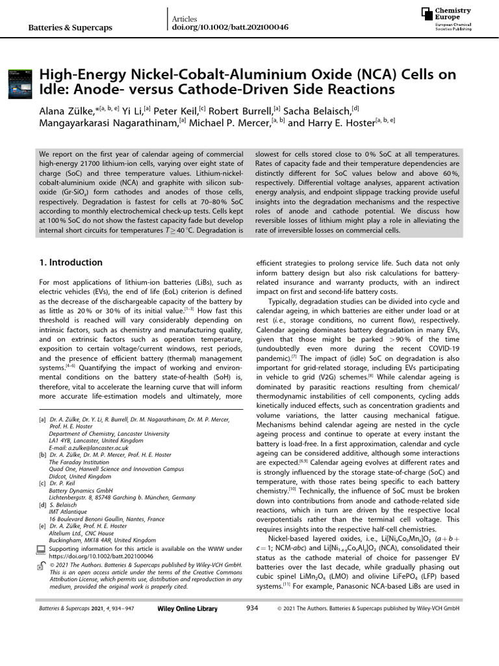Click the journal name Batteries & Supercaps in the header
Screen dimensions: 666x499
coord(71,28)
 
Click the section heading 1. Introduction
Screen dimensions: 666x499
coord(71,263)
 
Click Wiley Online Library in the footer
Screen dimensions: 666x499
coord(187,645)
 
